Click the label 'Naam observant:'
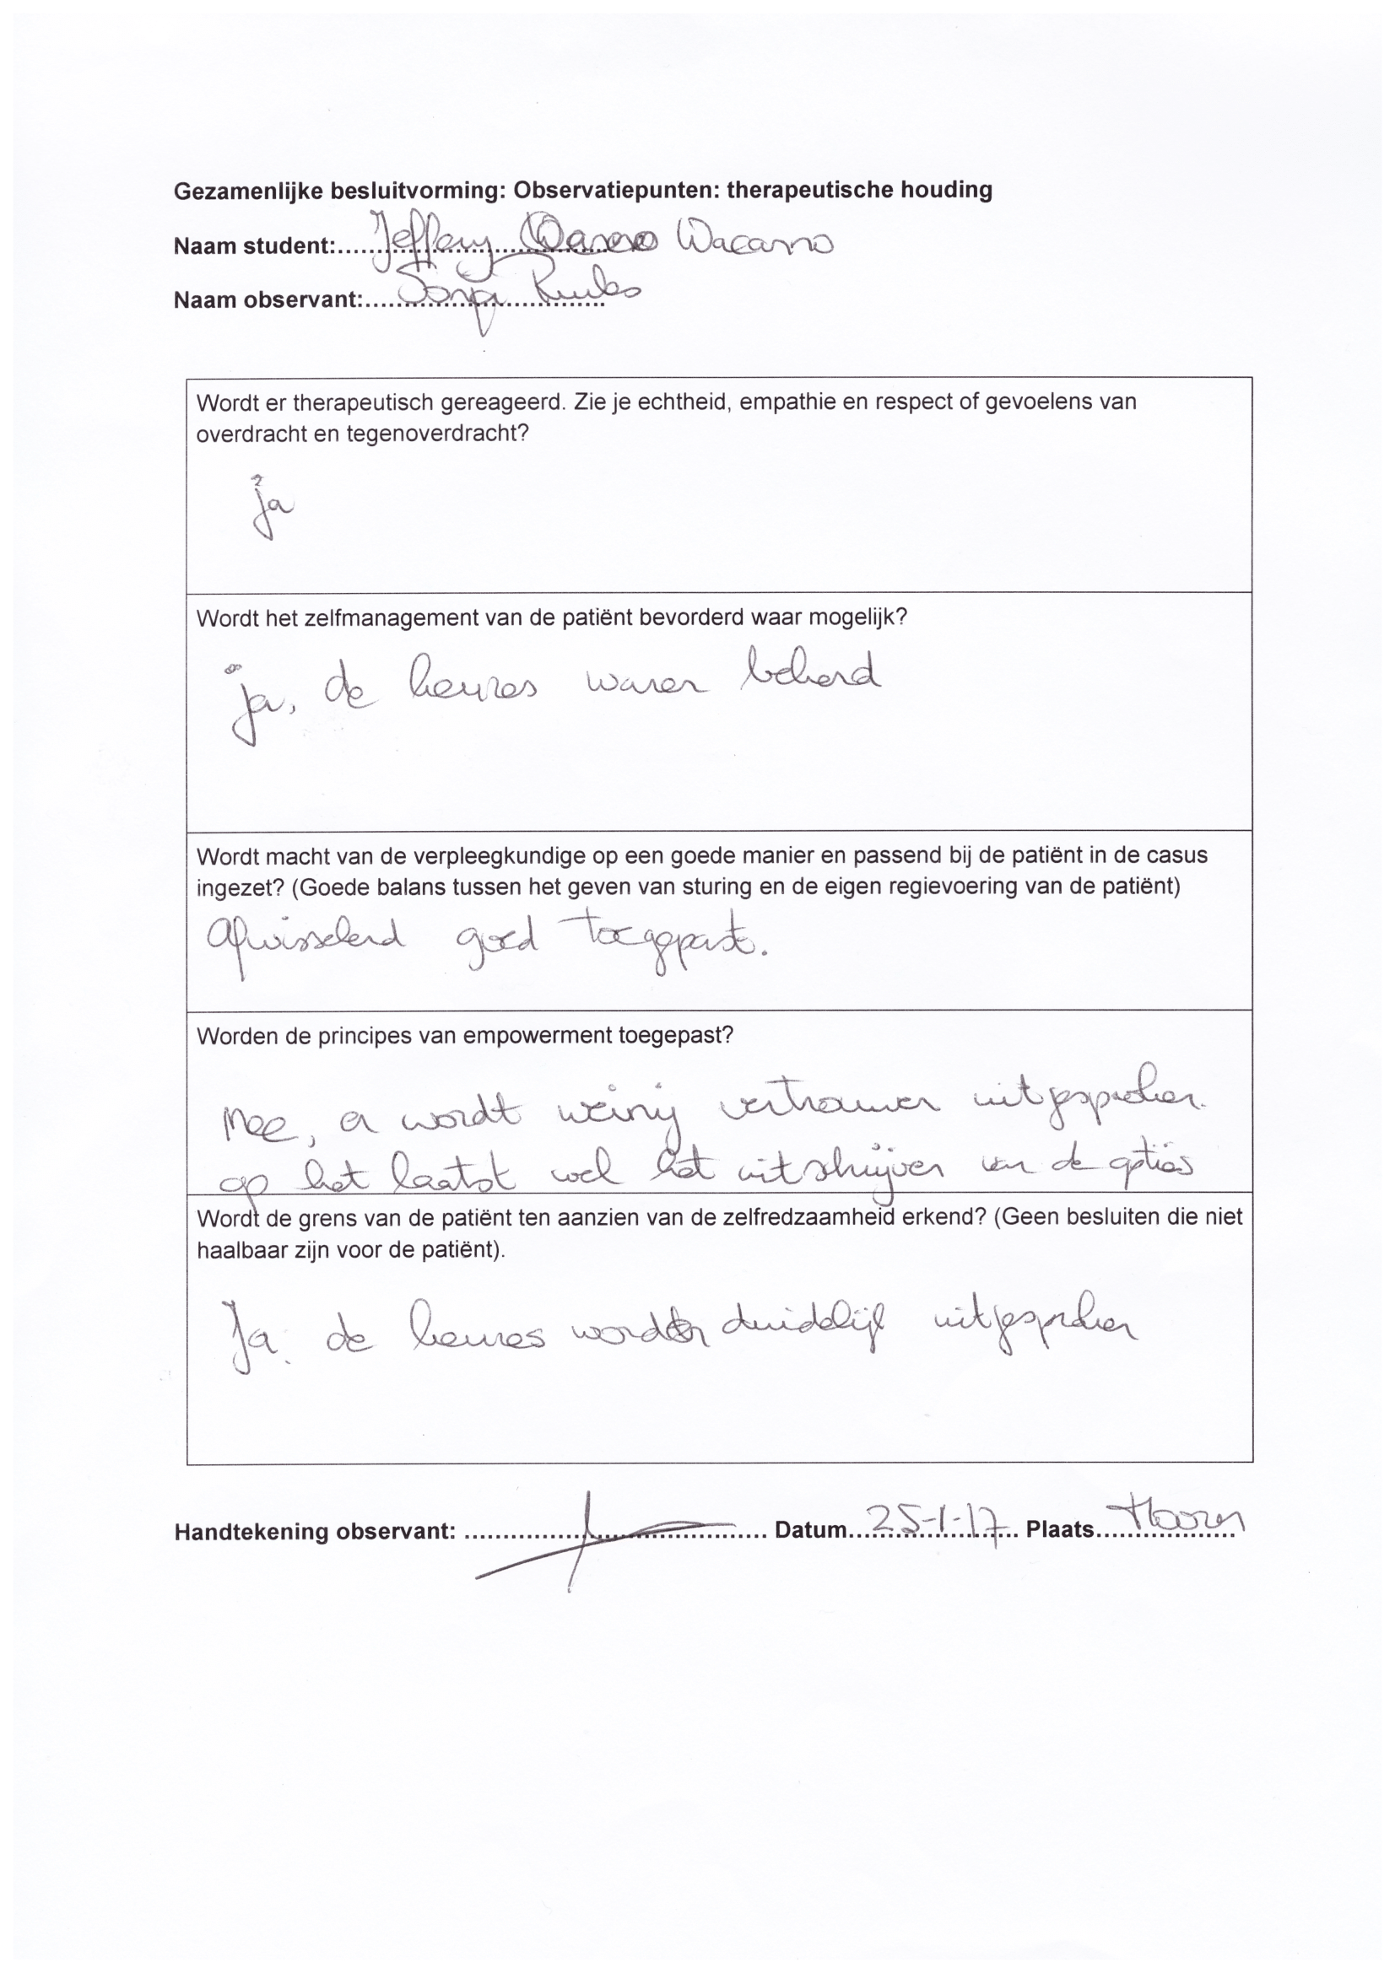(x=268, y=300)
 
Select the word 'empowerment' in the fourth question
(x=536, y=1036)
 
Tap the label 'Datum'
(x=810, y=1530)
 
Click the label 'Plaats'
(x=1060, y=1530)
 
